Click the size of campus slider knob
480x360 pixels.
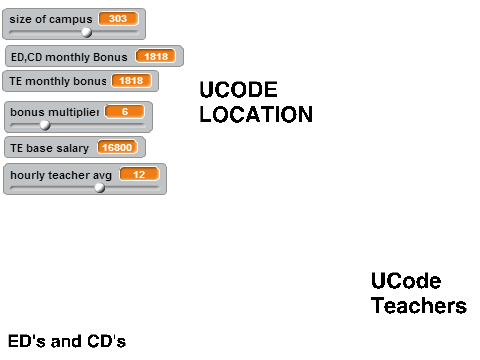point(87,32)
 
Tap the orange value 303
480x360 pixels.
point(118,19)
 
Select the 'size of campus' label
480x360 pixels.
point(51,19)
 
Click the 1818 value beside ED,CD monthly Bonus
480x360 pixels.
point(156,56)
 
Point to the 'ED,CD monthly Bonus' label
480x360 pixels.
point(69,57)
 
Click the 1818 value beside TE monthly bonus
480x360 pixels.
point(131,81)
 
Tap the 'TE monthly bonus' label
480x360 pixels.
point(58,81)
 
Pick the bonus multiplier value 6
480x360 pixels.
point(125,112)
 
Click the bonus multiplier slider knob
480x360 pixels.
point(45,125)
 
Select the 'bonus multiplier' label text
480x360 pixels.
point(55,112)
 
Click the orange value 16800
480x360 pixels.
point(117,147)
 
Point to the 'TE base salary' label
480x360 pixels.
point(49,148)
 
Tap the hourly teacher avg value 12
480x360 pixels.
point(139,174)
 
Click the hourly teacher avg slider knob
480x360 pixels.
point(99,188)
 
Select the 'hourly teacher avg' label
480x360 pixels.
point(61,175)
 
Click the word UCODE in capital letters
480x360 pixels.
point(238,90)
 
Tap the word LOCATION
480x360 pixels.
point(256,115)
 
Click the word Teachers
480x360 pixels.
point(419,306)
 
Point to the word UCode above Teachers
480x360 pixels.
point(406,281)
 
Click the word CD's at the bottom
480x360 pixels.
point(107,341)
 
